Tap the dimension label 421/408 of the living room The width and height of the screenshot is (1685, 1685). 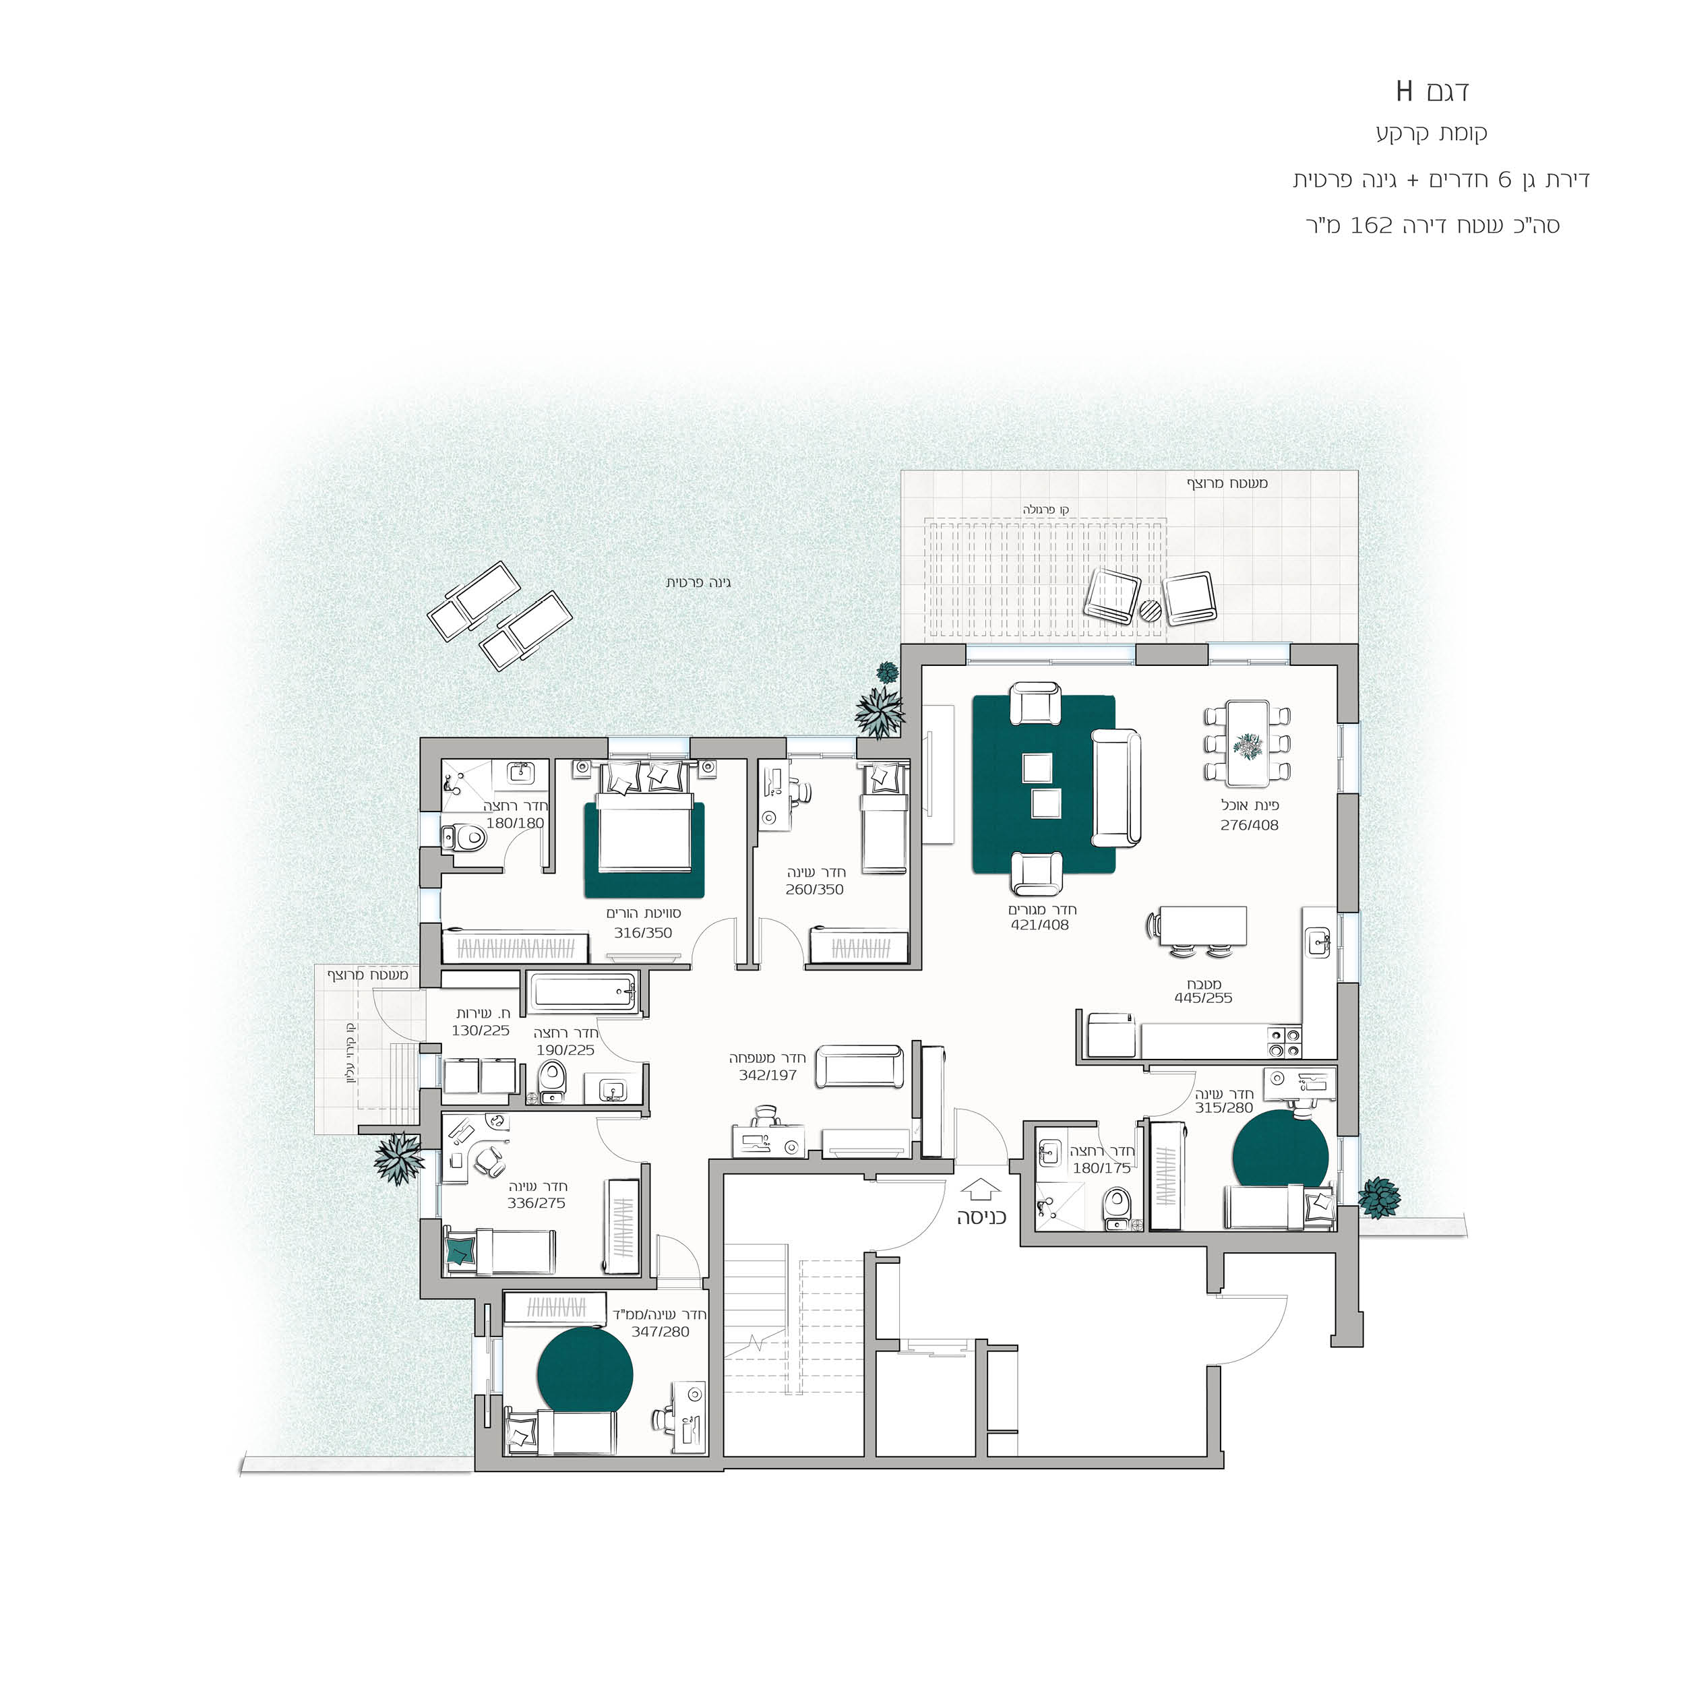click(1039, 925)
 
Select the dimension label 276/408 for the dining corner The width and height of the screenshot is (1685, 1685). click(1250, 825)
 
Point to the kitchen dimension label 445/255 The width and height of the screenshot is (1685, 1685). click(1204, 998)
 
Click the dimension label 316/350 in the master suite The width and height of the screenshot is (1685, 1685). click(643, 932)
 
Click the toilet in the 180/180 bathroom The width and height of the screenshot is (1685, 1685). click(465, 839)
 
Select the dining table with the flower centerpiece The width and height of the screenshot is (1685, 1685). click(1247, 742)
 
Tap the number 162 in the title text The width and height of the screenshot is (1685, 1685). click(1372, 225)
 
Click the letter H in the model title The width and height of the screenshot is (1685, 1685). click(1404, 91)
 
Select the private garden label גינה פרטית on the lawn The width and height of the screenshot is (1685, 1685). click(698, 582)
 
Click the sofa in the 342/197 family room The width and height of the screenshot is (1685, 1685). click(860, 1067)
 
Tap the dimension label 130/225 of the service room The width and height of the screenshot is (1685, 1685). click(481, 1030)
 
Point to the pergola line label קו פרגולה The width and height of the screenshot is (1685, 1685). click(1046, 510)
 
